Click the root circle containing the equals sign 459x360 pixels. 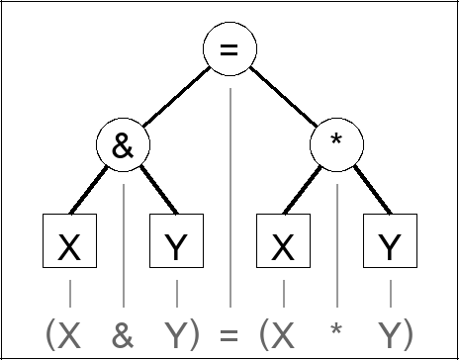[x=229, y=49]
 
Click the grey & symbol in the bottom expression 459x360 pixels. [x=123, y=333]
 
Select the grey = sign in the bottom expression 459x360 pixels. [x=229, y=333]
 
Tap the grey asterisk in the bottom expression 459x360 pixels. [x=337, y=330]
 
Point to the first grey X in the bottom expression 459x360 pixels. [x=69, y=333]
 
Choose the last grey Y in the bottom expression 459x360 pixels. [x=391, y=333]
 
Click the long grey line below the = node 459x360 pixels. [x=229, y=198]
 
